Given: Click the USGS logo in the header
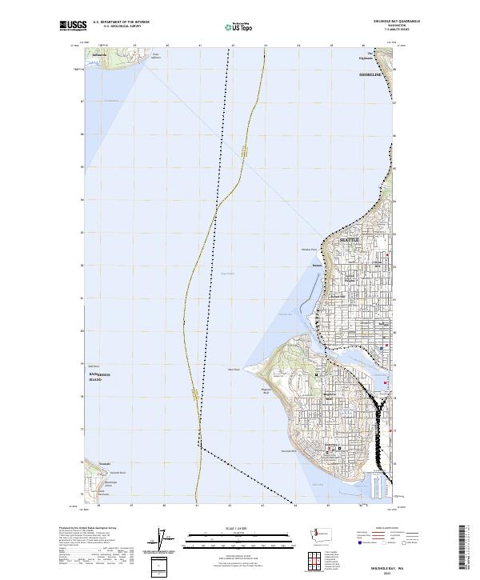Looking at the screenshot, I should tap(73, 26).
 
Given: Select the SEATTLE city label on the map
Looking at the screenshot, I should tap(350, 239).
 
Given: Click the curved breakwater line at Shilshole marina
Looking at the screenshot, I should tap(306, 304).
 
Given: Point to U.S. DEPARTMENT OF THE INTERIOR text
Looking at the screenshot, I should tap(121, 22).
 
